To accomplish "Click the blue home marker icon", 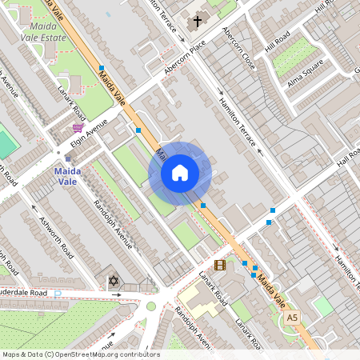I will click(x=180, y=173).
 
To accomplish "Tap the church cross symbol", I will click(x=196, y=22).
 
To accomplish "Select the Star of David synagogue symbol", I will click(x=114, y=282).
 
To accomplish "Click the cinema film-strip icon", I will click(x=219, y=265).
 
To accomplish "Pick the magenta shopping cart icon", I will click(x=78, y=128).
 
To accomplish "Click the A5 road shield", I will click(x=293, y=318).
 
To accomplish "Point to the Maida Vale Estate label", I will click(x=41, y=30).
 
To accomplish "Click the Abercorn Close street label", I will click(x=241, y=49).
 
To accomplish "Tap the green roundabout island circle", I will click(x=150, y=306).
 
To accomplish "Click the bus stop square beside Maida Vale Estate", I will click(x=101, y=68).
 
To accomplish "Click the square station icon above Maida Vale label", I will click(x=67, y=158).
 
